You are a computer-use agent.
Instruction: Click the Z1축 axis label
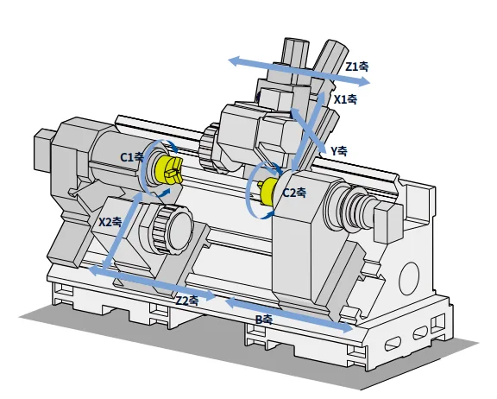pos(357,66)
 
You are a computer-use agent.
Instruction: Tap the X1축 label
pos(346,99)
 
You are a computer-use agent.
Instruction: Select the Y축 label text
pos(339,151)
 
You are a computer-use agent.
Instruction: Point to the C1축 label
pos(132,157)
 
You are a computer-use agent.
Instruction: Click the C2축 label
pos(294,193)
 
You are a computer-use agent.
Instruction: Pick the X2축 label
pos(110,222)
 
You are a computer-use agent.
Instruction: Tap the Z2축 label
pos(187,301)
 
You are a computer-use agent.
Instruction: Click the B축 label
pos(264,320)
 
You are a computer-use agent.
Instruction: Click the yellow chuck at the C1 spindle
pos(168,170)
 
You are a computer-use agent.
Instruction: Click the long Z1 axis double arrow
pos(299,71)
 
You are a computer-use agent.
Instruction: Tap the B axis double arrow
pos(289,314)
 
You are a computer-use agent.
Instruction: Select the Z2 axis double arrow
pos(152,283)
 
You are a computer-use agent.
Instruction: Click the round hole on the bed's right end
pos(409,278)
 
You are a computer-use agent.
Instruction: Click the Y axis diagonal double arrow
pos(308,131)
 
